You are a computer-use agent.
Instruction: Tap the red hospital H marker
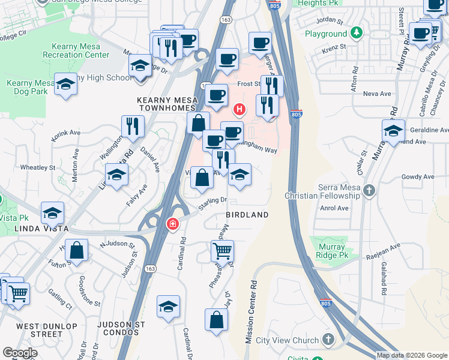click(x=240, y=110)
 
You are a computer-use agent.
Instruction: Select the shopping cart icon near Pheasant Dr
click(x=222, y=251)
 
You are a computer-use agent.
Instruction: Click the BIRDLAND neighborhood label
click(x=247, y=214)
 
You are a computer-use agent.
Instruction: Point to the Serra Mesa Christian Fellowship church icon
click(x=369, y=191)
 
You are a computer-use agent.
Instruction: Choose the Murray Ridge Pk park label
click(x=328, y=251)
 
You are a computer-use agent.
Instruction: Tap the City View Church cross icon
click(x=328, y=340)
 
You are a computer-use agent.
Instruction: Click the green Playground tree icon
click(x=357, y=34)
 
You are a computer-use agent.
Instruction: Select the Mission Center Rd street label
click(x=252, y=312)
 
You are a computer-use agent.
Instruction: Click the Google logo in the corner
click(x=20, y=353)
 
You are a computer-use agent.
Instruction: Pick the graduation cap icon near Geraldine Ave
click(x=393, y=130)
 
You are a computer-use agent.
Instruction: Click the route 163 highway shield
click(x=226, y=53)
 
